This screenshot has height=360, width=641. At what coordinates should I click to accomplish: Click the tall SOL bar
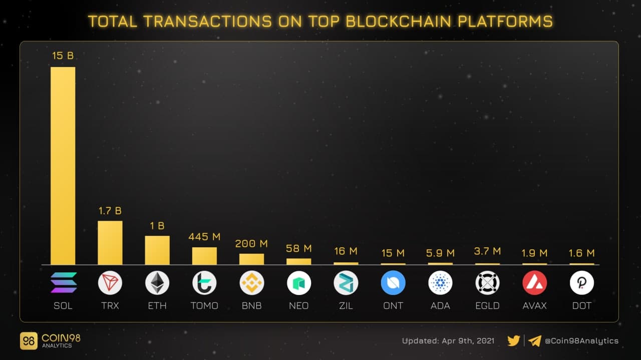point(63,165)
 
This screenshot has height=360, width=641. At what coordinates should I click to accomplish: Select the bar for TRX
point(110,243)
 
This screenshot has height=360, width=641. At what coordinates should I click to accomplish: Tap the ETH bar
point(157,250)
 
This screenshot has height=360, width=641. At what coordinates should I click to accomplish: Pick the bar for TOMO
point(204,256)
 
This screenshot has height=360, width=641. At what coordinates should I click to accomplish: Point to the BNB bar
point(251,259)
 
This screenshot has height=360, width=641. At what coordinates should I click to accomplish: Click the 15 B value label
point(63,56)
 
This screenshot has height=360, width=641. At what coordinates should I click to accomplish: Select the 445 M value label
point(204,237)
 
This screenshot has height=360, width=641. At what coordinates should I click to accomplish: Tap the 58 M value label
point(299,248)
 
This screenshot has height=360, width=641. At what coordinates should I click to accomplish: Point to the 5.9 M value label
point(441,253)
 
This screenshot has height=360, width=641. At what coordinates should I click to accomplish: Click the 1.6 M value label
point(582,253)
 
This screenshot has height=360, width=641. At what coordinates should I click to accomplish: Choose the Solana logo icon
point(64,283)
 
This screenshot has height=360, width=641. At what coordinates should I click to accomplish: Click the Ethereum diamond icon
point(157,283)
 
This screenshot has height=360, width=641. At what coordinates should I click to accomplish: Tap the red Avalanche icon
point(534,283)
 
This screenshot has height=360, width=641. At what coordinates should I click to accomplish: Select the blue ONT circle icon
point(393,283)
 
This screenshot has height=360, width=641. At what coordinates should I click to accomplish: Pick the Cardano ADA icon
point(441,283)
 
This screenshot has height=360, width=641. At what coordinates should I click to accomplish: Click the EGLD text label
point(487,305)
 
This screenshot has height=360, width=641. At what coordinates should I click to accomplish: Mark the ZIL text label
point(346,305)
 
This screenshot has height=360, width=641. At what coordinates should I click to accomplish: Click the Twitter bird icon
point(513,341)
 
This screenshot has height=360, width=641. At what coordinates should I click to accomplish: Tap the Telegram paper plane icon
point(535,341)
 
